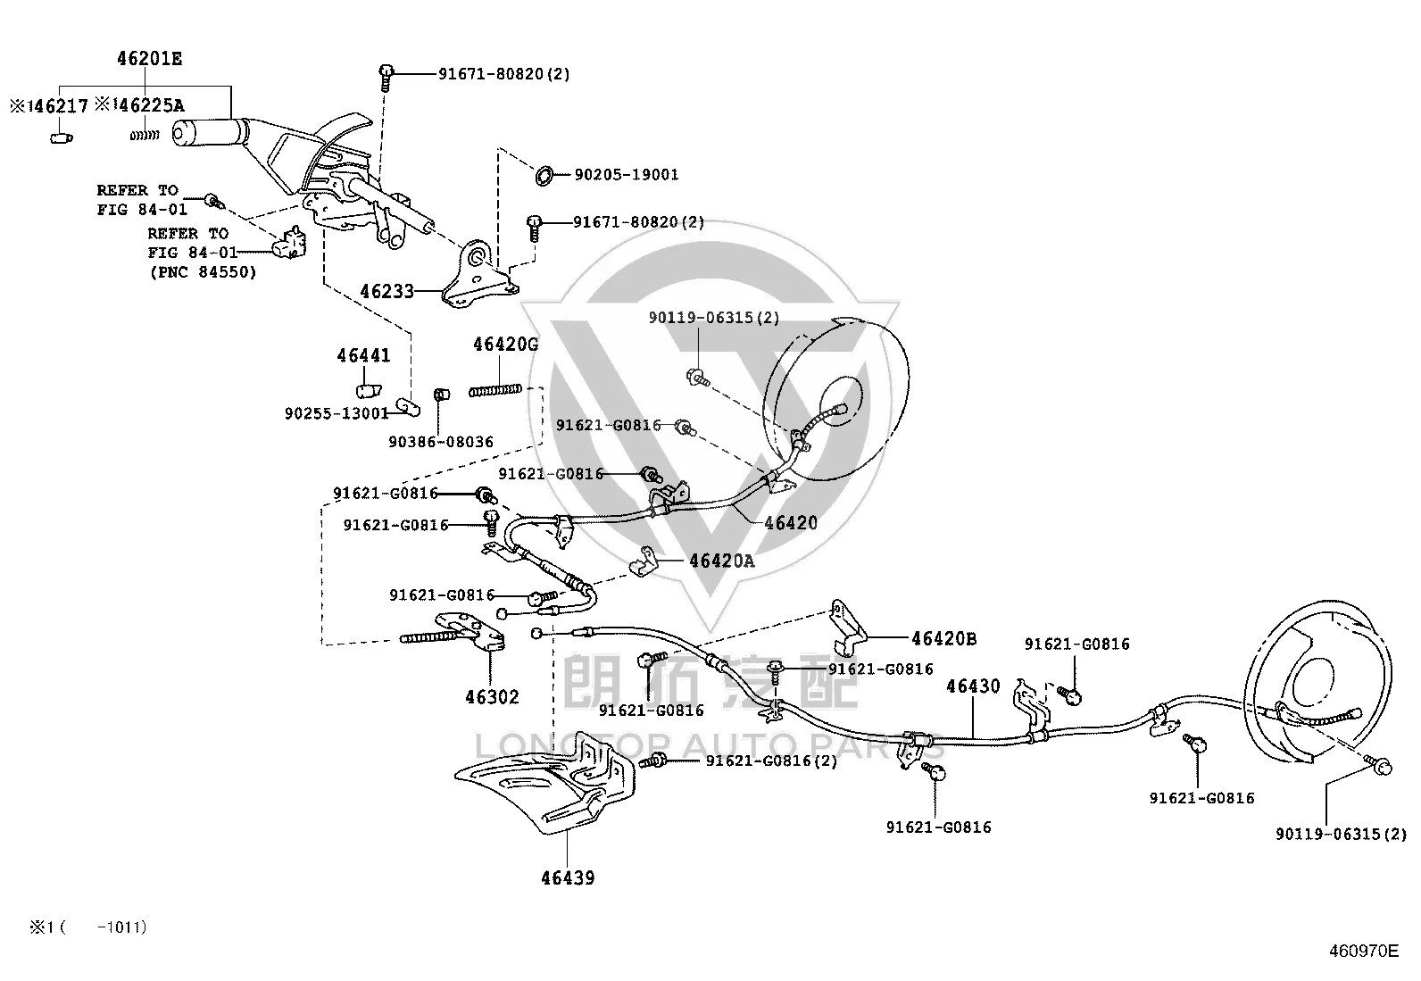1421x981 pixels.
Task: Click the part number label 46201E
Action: (x=149, y=59)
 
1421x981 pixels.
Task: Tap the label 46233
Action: (x=387, y=291)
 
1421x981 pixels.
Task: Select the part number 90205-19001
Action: (x=626, y=174)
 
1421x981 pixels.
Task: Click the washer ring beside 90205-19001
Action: (x=544, y=176)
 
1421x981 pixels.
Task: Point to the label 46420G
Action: (x=505, y=345)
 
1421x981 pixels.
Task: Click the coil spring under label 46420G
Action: (x=494, y=390)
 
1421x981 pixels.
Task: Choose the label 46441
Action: (x=363, y=355)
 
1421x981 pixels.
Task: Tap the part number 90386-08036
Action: (x=441, y=442)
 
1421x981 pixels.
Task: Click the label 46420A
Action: (x=722, y=561)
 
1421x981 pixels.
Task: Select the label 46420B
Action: (x=944, y=638)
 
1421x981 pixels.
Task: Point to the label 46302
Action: (x=493, y=697)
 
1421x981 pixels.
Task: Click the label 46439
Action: (x=568, y=878)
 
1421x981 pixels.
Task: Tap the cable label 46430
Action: (x=973, y=686)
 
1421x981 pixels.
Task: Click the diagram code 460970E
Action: (x=1364, y=952)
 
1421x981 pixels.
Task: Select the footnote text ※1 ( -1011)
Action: (x=88, y=927)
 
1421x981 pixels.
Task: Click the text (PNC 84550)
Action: (x=203, y=272)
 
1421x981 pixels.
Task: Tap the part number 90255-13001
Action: (x=337, y=413)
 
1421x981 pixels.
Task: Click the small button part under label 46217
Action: (x=62, y=137)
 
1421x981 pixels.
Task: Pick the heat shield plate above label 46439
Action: (x=544, y=785)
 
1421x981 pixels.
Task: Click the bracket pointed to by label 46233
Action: (x=480, y=276)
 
